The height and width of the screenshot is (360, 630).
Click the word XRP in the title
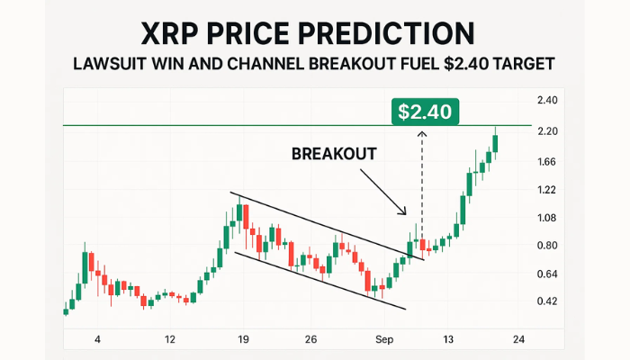169,33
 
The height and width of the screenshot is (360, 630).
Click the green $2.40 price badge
425,112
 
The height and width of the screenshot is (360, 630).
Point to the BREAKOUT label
334,154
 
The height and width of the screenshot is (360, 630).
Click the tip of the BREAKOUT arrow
406,214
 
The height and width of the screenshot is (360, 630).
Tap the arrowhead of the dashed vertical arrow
421,133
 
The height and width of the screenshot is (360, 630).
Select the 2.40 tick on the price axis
547,100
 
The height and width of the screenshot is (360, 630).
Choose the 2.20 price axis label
547,131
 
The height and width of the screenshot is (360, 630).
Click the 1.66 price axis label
546,162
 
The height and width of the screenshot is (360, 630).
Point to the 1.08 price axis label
546,218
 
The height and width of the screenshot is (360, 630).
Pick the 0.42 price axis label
547,301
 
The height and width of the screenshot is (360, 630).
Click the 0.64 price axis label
547,274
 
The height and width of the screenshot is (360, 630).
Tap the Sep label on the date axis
384,339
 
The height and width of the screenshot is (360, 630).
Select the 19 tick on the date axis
243,339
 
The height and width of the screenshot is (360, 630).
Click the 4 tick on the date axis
97,339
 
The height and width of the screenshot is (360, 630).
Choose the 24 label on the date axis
518,339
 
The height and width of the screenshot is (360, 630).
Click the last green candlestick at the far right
495,143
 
